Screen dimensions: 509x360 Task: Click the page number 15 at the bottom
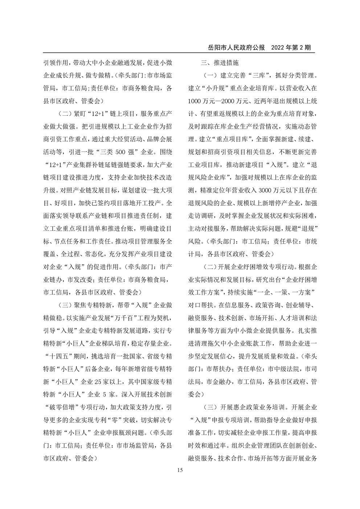click(x=180, y=471)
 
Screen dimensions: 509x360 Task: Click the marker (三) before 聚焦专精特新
click(x=66, y=305)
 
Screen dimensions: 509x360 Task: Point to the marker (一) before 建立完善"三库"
click(x=210, y=76)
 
